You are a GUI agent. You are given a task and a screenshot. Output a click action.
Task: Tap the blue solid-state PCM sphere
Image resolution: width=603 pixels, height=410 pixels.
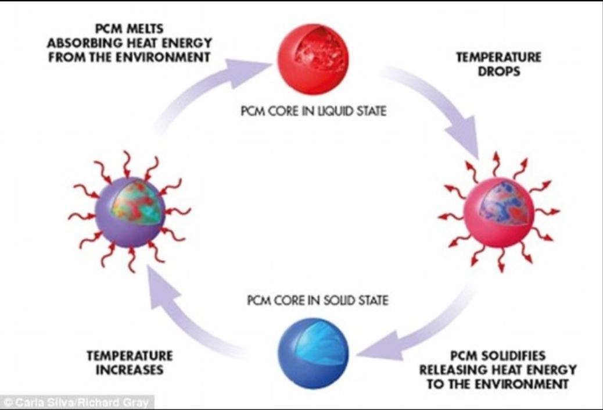[x=313, y=354]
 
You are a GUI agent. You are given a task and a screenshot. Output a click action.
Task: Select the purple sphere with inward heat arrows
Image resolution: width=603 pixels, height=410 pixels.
[x=130, y=212]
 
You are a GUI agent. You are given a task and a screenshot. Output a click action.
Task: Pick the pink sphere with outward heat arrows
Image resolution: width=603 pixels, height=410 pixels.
[x=499, y=212]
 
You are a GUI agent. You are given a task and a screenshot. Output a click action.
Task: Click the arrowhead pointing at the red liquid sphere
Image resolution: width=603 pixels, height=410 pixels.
[x=246, y=71]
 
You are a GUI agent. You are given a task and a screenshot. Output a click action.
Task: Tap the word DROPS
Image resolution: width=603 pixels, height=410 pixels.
[x=499, y=71]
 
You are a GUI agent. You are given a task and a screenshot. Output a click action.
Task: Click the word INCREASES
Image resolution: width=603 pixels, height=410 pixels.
[x=130, y=369]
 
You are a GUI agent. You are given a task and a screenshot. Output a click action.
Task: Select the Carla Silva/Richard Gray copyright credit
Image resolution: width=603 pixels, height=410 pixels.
[x=76, y=402]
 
